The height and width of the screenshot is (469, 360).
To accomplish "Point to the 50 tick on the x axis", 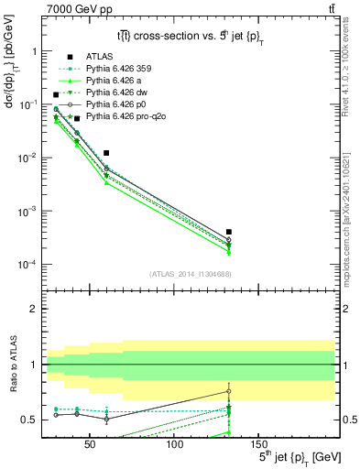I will (x=90, y=442).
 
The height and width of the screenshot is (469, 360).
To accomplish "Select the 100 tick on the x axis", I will (x=174, y=442).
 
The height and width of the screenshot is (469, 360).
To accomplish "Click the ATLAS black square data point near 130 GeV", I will (x=228, y=232).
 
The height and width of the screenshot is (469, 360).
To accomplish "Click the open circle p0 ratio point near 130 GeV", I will (x=228, y=391).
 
